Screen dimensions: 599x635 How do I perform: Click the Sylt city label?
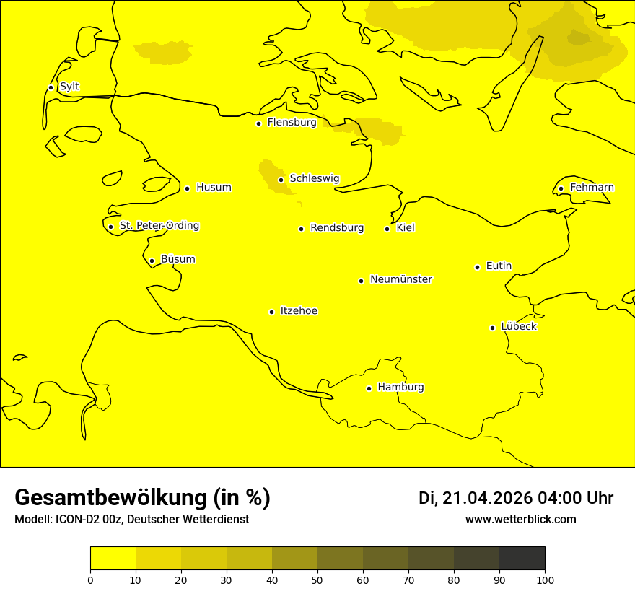coord(69,87)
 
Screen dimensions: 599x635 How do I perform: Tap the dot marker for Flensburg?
coord(258,123)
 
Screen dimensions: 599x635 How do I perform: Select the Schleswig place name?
coord(314,178)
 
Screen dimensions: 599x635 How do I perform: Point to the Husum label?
coord(214,188)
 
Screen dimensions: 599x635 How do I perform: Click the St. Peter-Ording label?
coord(159,226)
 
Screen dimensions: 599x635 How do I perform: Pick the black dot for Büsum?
coord(152,261)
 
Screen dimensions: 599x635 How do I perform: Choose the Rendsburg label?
coord(337,228)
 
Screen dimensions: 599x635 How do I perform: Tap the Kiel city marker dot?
coord(387,229)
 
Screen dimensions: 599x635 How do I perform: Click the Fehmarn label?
coord(592,188)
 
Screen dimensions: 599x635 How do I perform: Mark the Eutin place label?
coord(499,266)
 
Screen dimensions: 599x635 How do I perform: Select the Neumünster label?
coord(401,279)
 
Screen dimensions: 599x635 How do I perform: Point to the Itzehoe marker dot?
coord(271,312)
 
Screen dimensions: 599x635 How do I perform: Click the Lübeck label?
coord(518,326)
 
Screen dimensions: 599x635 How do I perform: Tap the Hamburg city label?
coord(400,388)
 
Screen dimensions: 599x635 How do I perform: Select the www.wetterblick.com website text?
coord(520,519)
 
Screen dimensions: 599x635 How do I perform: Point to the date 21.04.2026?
coord(487,498)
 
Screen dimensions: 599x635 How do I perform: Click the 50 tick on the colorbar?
coord(317,580)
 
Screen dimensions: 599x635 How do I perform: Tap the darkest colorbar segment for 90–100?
coord(522,558)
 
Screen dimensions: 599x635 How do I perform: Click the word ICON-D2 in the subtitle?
coord(75,520)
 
